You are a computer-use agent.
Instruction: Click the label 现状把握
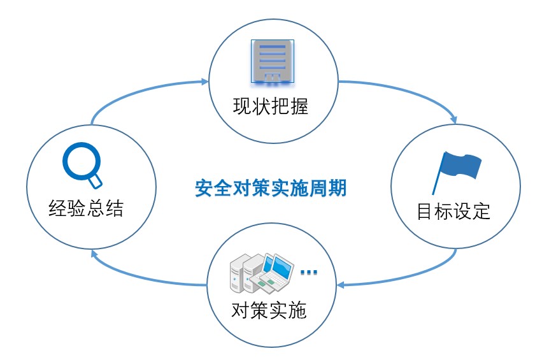pyautogui.click(x=271, y=106)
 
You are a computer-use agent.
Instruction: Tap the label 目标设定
pyautogui.click(x=453, y=212)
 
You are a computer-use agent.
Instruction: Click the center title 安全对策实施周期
pyautogui.click(x=271, y=189)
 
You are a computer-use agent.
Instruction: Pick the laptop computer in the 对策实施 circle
pyautogui.click(x=277, y=271)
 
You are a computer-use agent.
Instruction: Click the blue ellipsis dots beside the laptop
pyautogui.click(x=308, y=272)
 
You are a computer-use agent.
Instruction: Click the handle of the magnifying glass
pyautogui.click(x=95, y=182)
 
